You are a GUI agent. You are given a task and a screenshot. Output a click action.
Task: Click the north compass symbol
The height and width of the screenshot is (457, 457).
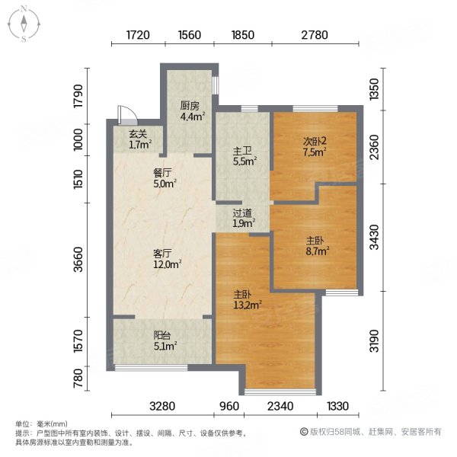(x=24, y=23)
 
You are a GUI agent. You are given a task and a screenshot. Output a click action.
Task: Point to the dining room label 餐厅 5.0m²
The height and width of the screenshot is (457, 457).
(x=165, y=177)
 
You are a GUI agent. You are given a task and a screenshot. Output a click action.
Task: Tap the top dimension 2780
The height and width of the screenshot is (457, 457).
(x=313, y=34)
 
